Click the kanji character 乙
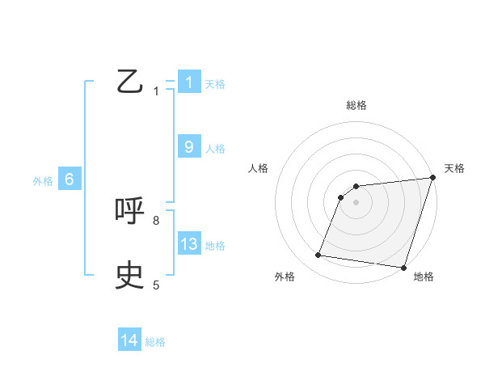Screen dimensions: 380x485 point(130,82)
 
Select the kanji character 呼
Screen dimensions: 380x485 point(130,212)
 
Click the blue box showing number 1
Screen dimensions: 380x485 point(189,82)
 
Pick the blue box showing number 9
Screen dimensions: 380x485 point(189,147)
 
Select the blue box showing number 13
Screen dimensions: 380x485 point(189,244)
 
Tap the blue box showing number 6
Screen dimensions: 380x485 point(70,180)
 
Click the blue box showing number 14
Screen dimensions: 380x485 point(129,341)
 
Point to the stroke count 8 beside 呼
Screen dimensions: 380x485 point(156,220)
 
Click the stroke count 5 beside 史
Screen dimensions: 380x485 point(156,285)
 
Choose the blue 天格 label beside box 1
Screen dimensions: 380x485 point(215,83)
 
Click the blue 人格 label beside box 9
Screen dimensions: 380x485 point(215,148)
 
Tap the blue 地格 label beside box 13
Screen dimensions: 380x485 point(215,245)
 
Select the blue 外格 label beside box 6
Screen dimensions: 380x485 point(43,181)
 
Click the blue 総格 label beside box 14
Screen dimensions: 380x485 point(155,342)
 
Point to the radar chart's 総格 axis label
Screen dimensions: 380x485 point(356,105)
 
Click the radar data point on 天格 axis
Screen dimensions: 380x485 point(432,178)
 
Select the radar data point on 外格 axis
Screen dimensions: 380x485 point(318,255)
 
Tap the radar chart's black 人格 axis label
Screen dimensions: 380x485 point(259,168)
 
